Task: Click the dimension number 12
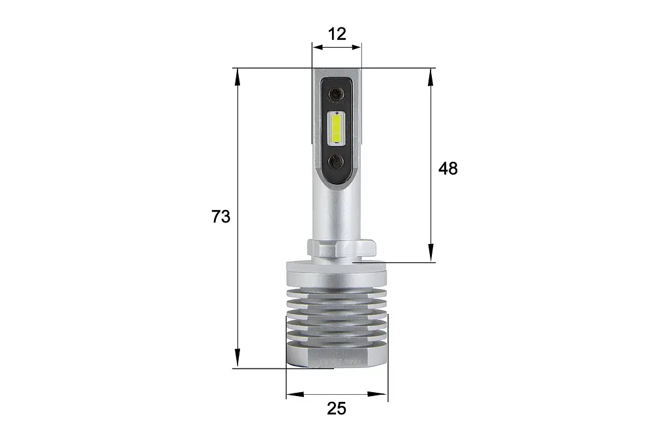click(337, 34)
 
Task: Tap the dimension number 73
click(220, 217)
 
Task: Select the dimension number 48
click(448, 168)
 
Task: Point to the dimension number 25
click(337, 408)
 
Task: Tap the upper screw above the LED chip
click(337, 94)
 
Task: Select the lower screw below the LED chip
click(337, 162)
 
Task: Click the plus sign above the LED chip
click(337, 113)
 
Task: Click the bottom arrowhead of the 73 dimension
click(237, 357)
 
